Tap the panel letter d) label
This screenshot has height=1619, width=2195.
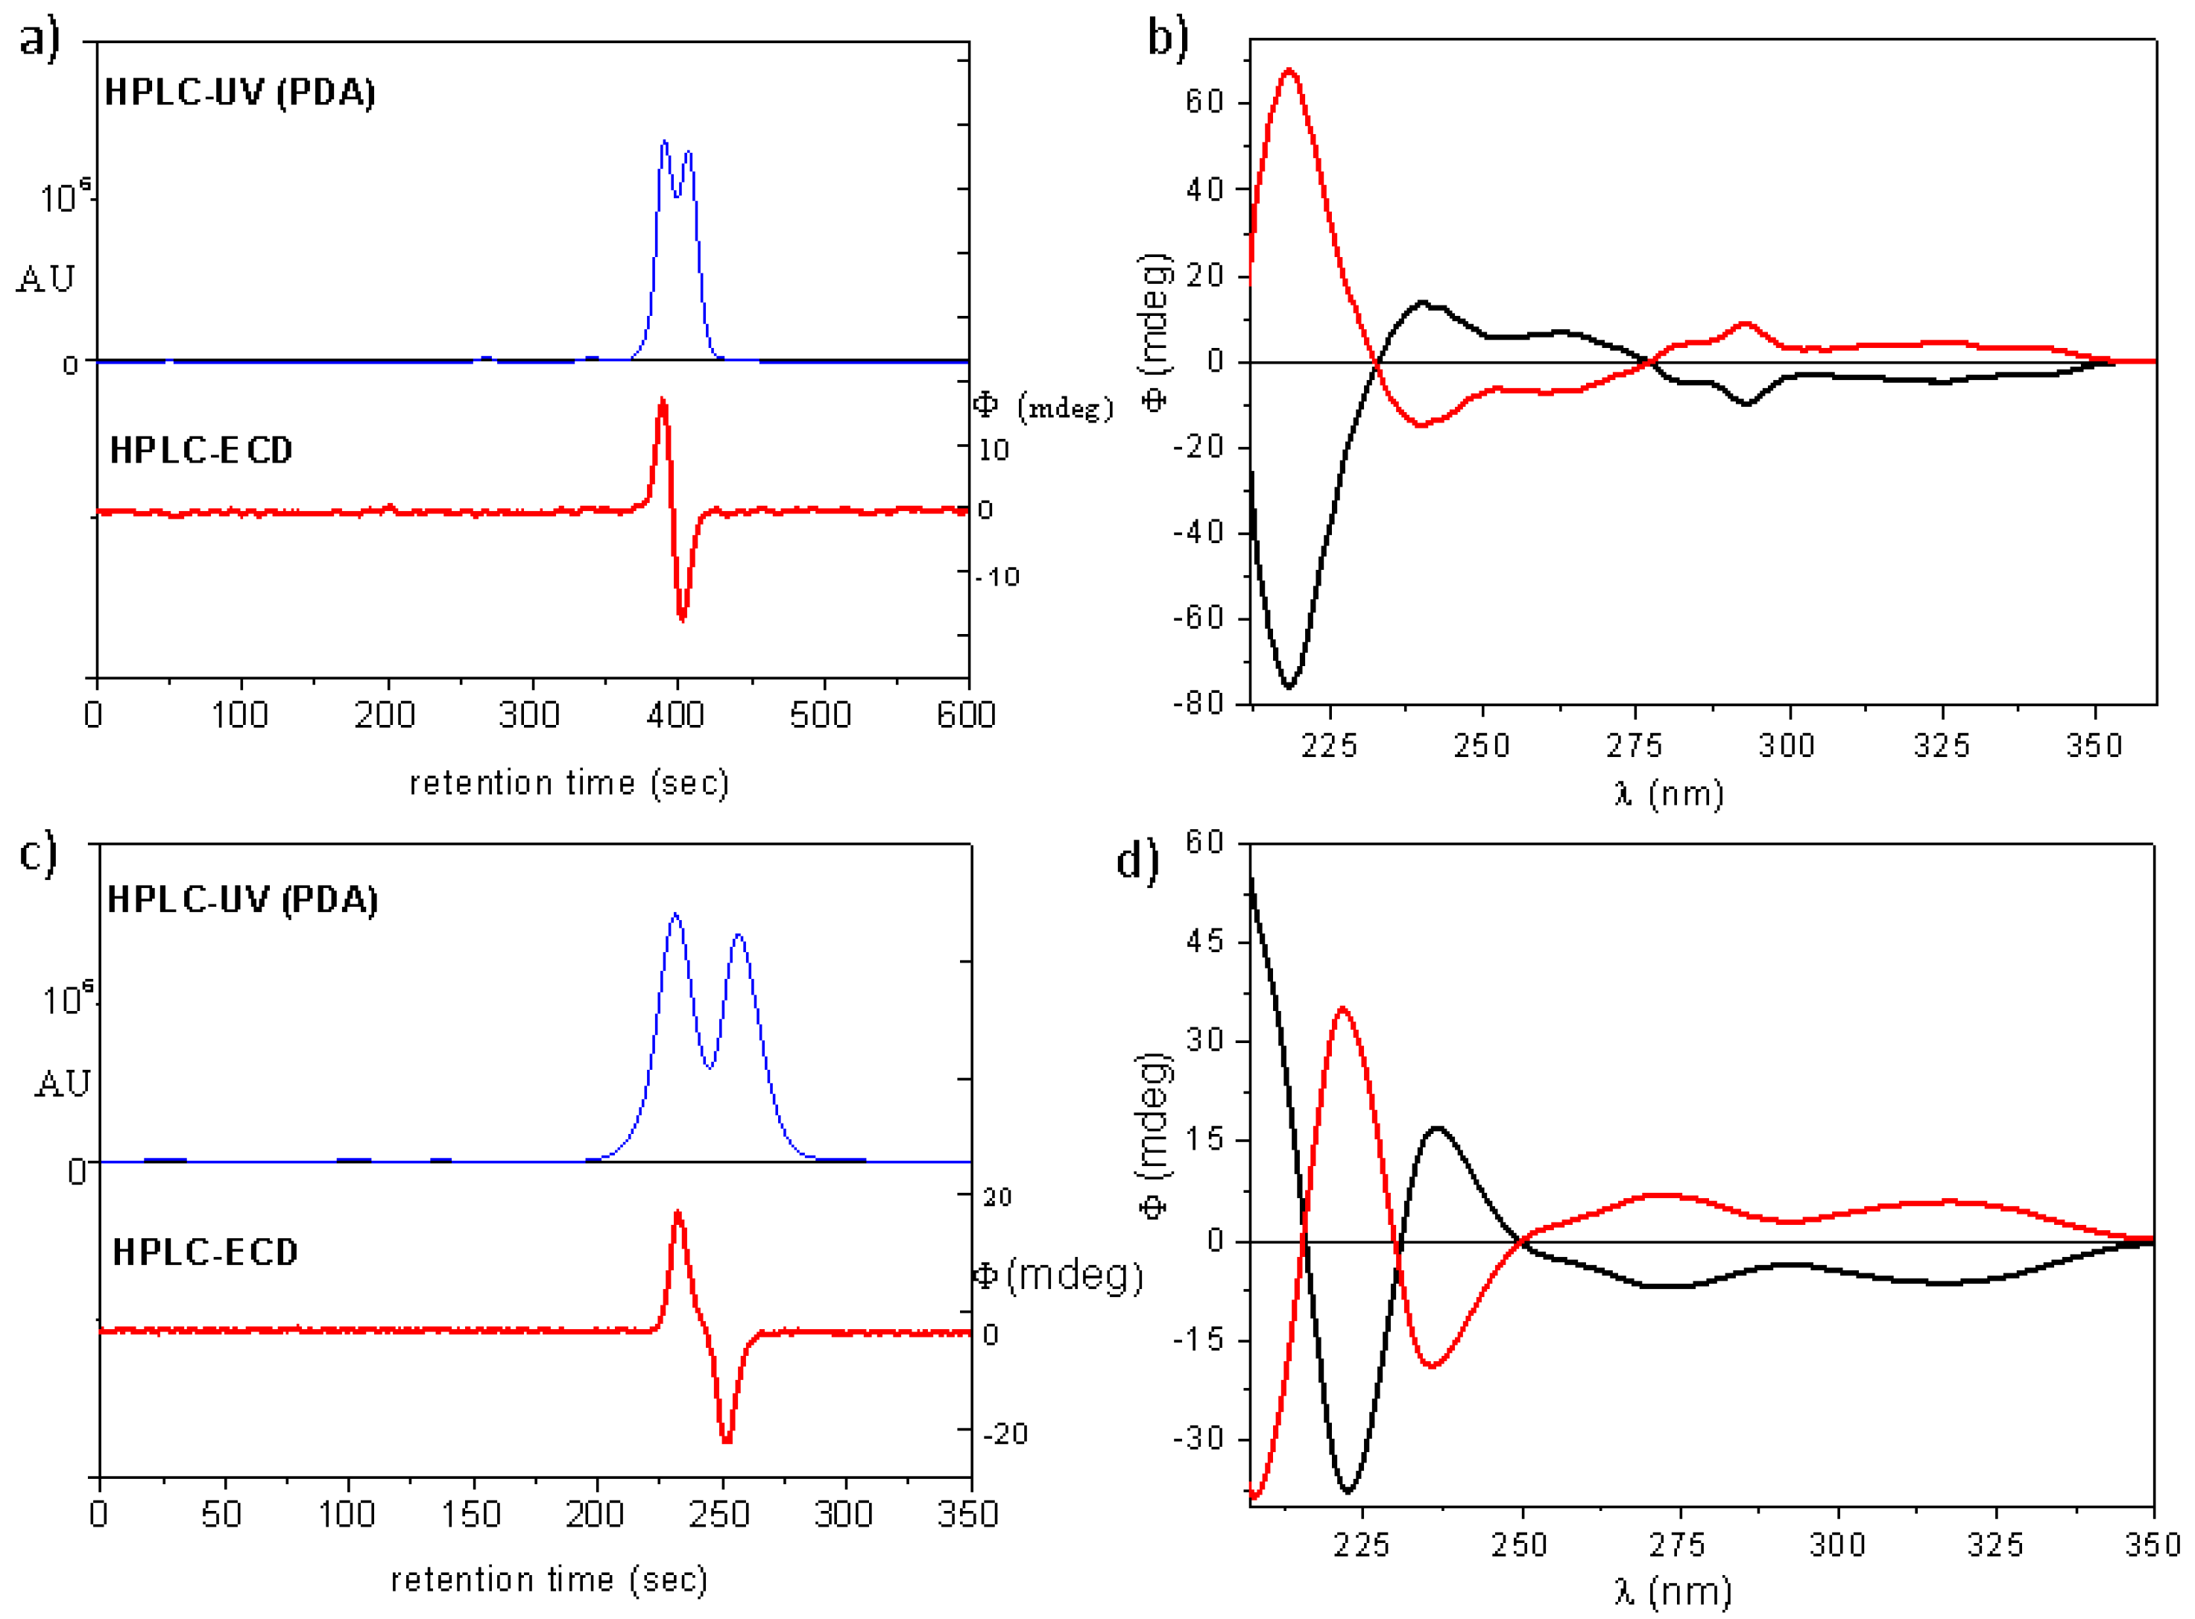[x=1137, y=860]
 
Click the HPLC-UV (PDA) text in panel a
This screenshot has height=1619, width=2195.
[x=239, y=93]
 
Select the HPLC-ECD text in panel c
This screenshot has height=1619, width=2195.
[x=205, y=1252]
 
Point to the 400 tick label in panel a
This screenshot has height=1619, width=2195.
[x=675, y=715]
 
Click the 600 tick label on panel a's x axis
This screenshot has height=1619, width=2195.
[x=966, y=715]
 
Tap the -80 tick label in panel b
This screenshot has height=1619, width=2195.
[x=1198, y=703]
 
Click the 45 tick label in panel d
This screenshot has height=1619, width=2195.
[x=1206, y=942]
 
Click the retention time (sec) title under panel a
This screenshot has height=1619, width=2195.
[x=569, y=784]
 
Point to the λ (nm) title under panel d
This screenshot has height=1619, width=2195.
[x=1673, y=1591]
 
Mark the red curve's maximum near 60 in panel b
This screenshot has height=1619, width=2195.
[x=1289, y=71]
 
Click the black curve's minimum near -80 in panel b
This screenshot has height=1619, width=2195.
[x=1289, y=686]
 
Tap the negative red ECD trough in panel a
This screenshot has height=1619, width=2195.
[x=682, y=618]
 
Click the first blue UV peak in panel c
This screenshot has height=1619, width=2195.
[x=675, y=916]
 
